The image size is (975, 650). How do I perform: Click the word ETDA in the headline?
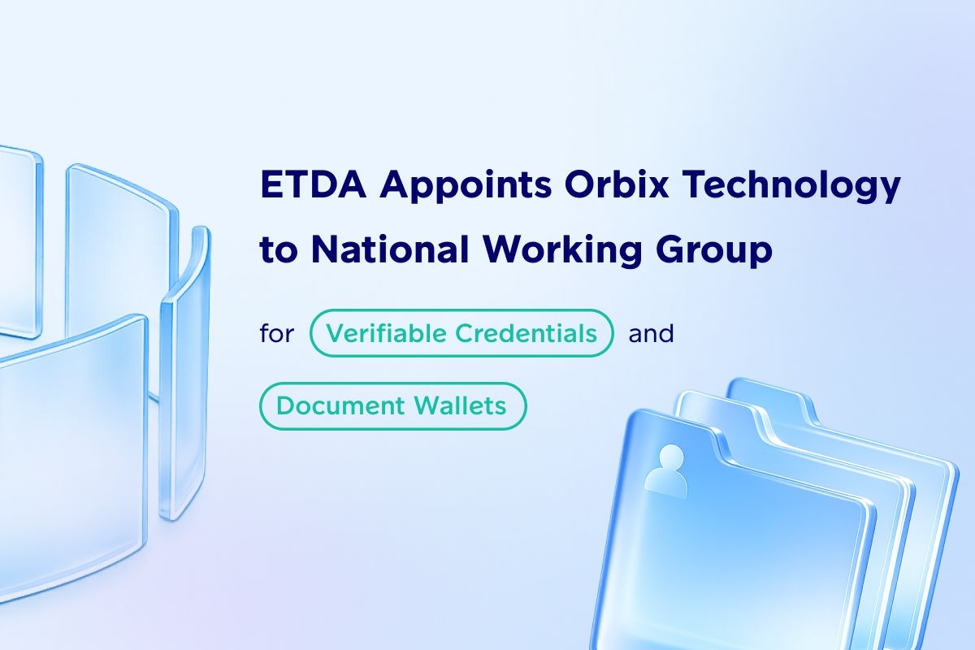click(314, 184)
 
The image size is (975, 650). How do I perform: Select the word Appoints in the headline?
click(466, 188)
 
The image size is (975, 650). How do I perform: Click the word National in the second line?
click(390, 249)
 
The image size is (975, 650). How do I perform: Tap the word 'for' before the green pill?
click(277, 333)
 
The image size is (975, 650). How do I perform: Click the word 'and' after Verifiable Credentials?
click(651, 333)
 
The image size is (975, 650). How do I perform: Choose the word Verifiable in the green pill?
click(387, 333)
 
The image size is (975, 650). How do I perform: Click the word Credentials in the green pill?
click(526, 333)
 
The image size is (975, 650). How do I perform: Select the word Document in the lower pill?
click(340, 405)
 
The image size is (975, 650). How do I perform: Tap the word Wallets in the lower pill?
click(460, 405)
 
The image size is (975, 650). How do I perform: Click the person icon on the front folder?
click(666, 470)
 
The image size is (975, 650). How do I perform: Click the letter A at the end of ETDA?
click(351, 184)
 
